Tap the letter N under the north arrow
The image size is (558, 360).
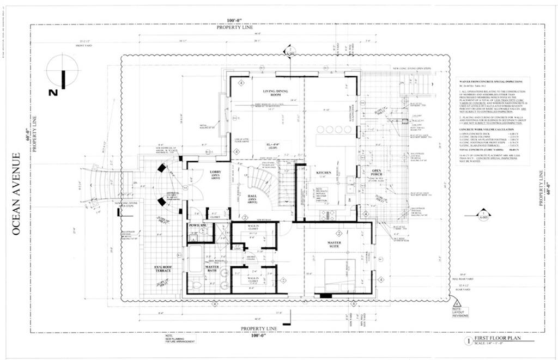53,93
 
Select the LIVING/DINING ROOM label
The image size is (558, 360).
276,94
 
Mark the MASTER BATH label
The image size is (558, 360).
212,268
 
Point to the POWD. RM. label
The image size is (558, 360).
197,225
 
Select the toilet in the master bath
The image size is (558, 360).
197,285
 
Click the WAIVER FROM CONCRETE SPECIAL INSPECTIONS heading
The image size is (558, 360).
491,81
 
